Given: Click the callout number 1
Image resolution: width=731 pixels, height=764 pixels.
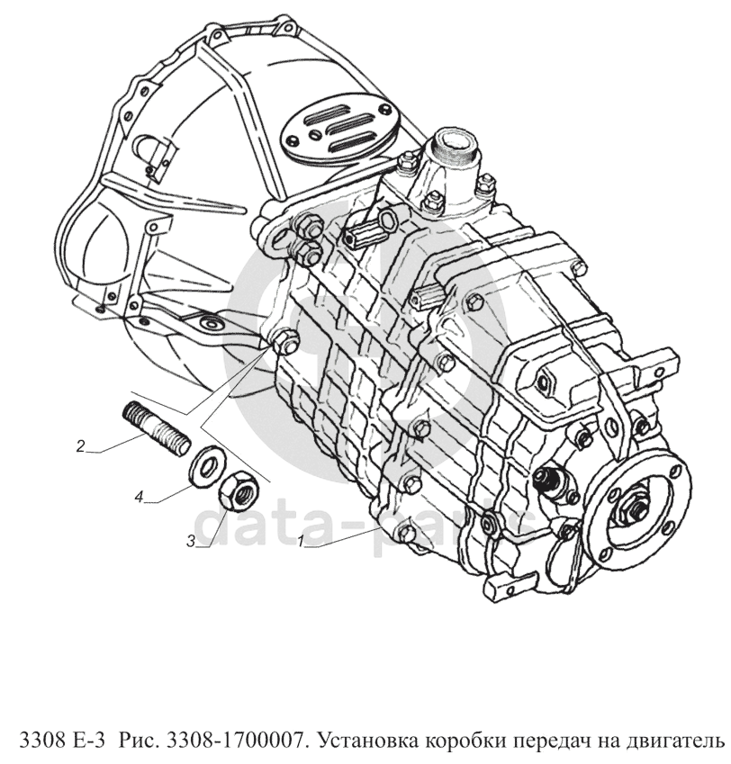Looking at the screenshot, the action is click(302, 540).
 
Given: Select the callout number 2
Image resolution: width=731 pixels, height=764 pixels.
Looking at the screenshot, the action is click(81, 445).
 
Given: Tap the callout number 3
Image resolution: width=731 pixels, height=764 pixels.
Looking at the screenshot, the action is click(192, 541).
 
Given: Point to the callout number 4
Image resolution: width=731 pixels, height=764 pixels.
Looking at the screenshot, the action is click(140, 497).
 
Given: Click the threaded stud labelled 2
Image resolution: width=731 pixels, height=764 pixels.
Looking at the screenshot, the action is click(156, 428).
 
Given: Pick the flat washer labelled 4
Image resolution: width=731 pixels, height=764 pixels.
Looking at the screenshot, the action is click(207, 466).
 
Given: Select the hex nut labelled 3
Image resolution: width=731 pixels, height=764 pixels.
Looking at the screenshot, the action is click(237, 491).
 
